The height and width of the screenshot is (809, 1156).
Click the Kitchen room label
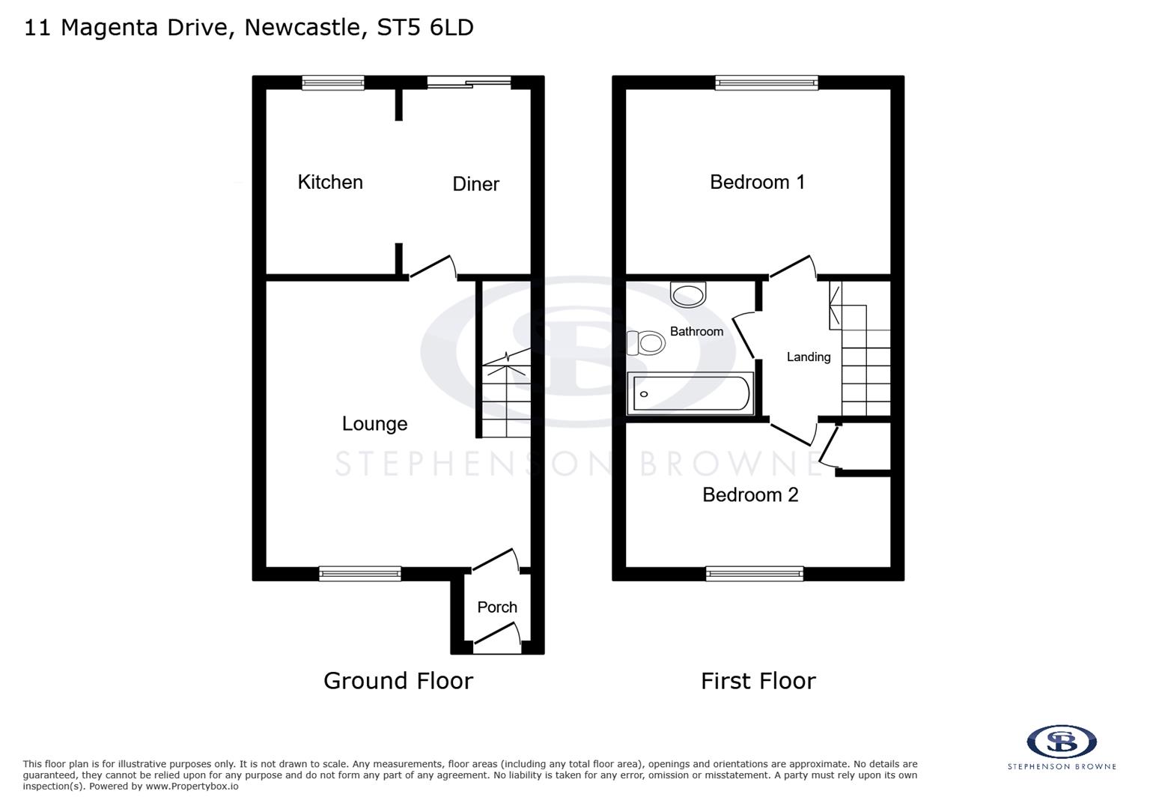(330, 182)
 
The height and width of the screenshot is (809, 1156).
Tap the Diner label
(475, 184)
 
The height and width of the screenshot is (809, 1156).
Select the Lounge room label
(374, 424)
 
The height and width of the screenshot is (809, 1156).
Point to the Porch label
(497, 607)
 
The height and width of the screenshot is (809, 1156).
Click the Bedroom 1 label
(757, 182)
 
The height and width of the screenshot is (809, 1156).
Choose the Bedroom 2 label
(750, 495)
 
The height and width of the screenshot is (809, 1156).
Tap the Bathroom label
(696, 331)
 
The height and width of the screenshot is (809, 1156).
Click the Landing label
(809, 357)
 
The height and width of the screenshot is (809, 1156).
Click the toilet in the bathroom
(646, 343)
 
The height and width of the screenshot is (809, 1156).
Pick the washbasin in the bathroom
(688, 294)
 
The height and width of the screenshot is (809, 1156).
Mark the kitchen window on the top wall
(333, 83)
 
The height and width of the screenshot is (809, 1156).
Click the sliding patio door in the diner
(469, 83)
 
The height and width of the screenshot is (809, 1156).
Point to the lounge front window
(360, 574)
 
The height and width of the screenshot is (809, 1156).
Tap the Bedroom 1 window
(766, 83)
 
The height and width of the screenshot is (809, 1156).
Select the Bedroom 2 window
(755, 574)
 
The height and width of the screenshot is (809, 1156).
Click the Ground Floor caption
(398, 681)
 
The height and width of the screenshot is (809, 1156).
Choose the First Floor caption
(758, 681)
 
